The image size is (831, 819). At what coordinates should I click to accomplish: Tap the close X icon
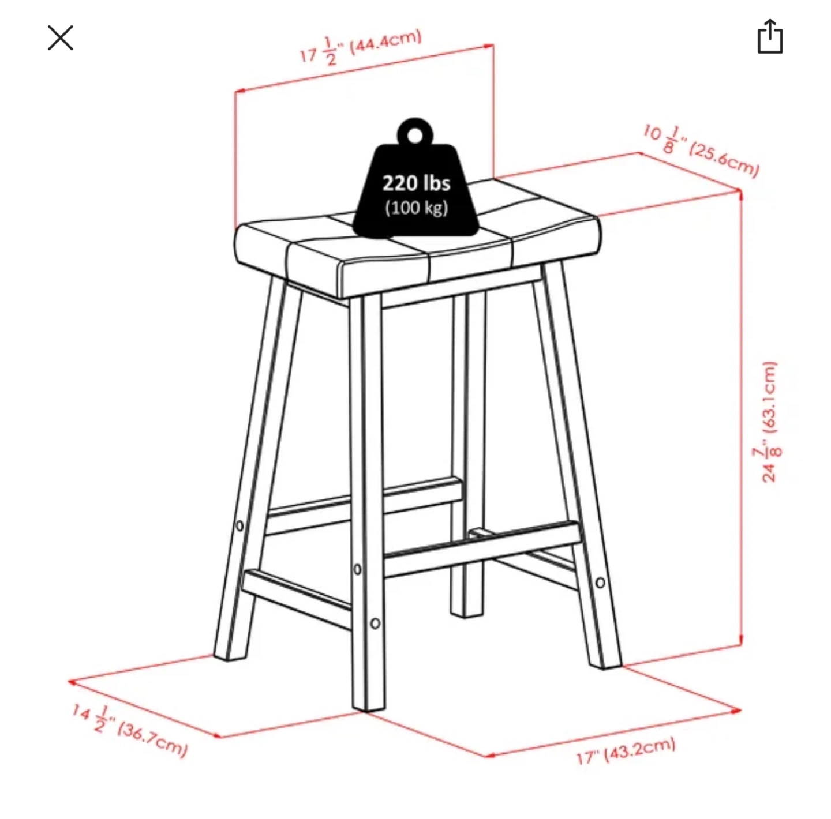click(61, 38)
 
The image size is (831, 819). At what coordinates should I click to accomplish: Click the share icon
click(770, 37)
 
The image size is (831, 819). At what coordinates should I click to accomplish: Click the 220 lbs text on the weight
click(416, 183)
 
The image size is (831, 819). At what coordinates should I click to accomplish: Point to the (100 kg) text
click(416, 208)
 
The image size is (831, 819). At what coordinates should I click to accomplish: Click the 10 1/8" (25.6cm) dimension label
click(701, 150)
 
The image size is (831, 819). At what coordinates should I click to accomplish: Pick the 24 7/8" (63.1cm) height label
click(770, 422)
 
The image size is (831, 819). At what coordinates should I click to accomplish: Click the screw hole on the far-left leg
click(239, 526)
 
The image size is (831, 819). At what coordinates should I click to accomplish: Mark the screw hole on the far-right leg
click(600, 583)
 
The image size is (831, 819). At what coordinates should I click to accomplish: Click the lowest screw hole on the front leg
click(375, 623)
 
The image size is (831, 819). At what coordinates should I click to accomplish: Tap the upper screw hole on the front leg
click(357, 569)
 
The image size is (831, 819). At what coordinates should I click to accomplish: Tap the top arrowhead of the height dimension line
click(740, 194)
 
